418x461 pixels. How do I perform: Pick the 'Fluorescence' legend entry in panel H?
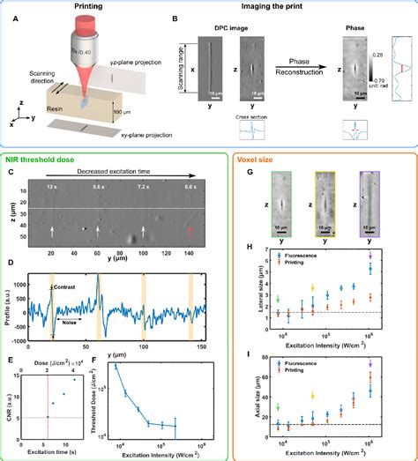(309, 251)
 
